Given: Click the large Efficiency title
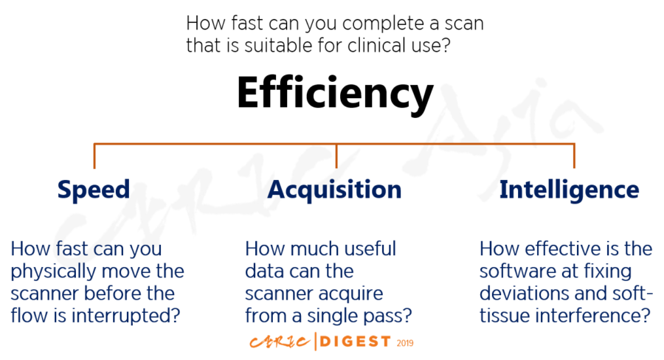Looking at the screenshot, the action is (x=335, y=94).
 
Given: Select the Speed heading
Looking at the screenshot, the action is (x=94, y=190).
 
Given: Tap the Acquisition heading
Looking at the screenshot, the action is (x=334, y=190).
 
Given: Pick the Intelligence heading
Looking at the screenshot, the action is (x=569, y=190).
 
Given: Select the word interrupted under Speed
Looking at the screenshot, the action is (x=125, y=316).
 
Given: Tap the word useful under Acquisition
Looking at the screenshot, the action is (x=370, y=249).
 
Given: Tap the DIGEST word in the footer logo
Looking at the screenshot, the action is (x=356, y=342).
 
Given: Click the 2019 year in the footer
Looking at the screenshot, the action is (x=405, y=343).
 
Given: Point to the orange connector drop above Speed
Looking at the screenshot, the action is (x=94, y=156).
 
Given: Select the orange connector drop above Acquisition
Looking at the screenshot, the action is (x=336, y=156).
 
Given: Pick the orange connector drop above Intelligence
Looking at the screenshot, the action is (x=574, y=156).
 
